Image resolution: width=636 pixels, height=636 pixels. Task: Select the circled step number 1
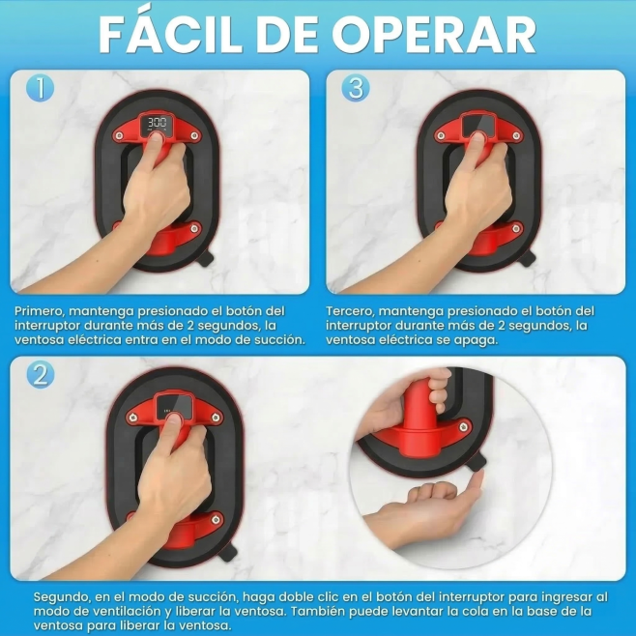click(x=41, y=88)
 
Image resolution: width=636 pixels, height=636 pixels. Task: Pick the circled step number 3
click(x=356, y=88)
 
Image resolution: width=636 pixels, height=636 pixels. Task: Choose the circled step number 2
click(x=41, y=375)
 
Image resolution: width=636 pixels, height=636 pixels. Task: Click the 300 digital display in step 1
click(x=157, y=124)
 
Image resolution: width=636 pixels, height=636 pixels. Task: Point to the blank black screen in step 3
click(x=478, y=124)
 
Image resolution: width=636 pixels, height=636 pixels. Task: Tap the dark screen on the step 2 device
click(x=174, y=405)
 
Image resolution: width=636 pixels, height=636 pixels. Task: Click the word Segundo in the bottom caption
click(x=61, y=597)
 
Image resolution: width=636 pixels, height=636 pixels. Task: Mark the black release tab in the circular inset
click(x=477, y=462)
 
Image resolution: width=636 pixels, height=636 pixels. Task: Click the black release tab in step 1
click(x=206, y=258)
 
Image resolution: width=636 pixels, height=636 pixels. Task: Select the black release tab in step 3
click(x=528, y=258)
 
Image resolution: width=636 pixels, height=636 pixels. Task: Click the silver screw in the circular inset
click(x=464, y=426)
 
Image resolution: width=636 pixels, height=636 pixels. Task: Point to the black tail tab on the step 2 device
click(x=227, y=552)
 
